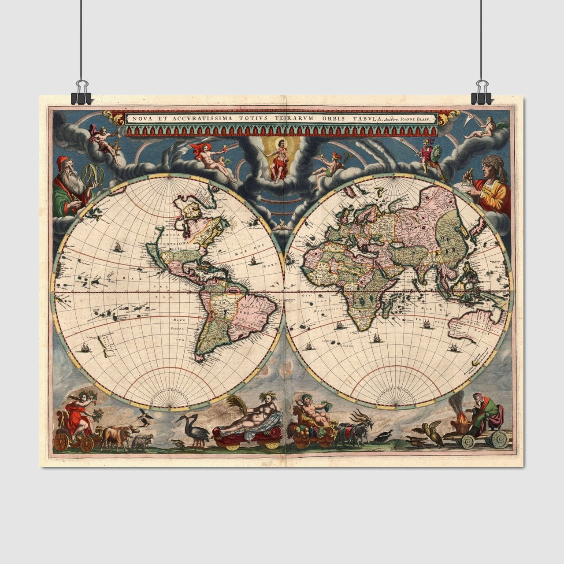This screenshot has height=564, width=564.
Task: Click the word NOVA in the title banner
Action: point(138,119)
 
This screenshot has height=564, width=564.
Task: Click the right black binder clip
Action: point(481,93)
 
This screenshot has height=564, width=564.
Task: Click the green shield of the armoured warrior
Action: point(436,156)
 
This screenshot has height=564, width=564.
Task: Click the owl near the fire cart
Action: point(437,434)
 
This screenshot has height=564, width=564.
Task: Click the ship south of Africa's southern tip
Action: point(376,338)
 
